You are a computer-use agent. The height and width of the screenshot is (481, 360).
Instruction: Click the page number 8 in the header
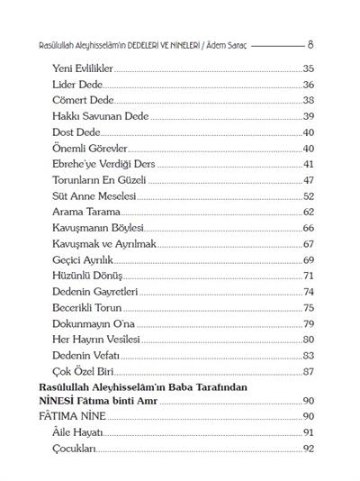tap(310, 43)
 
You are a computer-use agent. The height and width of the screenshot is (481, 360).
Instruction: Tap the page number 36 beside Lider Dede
tap(308, 84)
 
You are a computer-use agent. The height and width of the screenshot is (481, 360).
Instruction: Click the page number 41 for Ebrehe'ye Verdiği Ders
tap(308, 164)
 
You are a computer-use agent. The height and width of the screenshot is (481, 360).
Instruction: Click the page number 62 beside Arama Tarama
tap(308, 212)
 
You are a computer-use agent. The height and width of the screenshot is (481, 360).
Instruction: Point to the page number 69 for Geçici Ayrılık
tap(308, 259)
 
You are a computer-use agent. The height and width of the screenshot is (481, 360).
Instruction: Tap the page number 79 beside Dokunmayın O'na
tap(308, 323)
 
